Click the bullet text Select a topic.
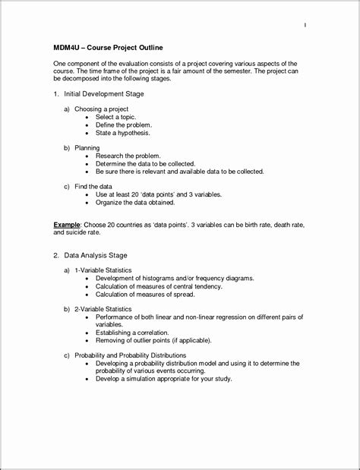[117, 117]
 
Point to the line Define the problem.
[124, 125]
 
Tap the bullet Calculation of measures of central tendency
[159, 286]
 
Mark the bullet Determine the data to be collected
[146, 163]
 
